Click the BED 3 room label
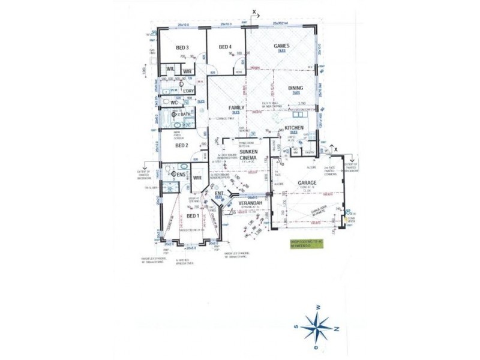coord(182,47)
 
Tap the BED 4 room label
coord(225,47)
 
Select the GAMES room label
coord(281,46)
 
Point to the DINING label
coord(295,88)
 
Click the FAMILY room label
coord(236,108)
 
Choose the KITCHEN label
coord(294,128)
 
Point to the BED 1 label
coord(193,215)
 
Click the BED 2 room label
coord(182,145)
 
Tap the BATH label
coord(185,114)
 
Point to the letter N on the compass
coord(337,329)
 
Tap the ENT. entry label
coord(219,194)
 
